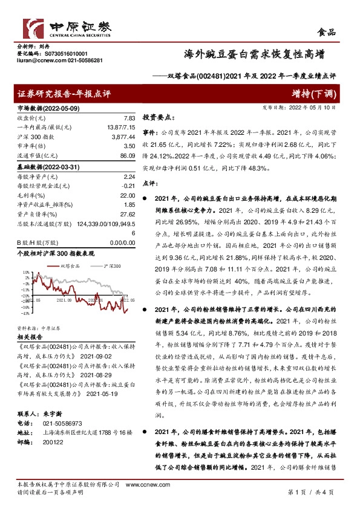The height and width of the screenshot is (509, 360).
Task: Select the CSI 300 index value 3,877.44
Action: [122, 138]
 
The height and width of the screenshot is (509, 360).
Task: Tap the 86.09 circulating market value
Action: [126, 156]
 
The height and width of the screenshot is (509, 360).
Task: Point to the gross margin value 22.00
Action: [125, 196]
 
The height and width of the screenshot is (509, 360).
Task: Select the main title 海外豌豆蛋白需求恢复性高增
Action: [252, 55]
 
